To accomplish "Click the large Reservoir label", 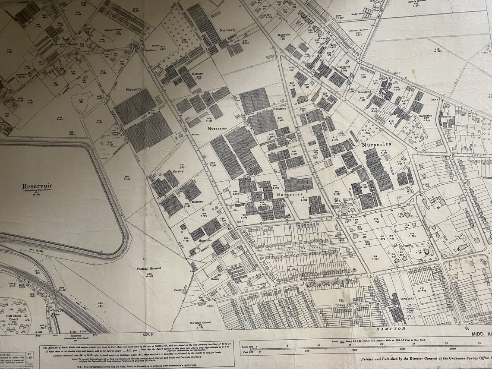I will [38, 186].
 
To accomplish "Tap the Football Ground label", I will [149, 268].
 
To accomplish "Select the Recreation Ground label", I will [199, 322].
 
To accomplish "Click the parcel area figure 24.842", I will [437, 51].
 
